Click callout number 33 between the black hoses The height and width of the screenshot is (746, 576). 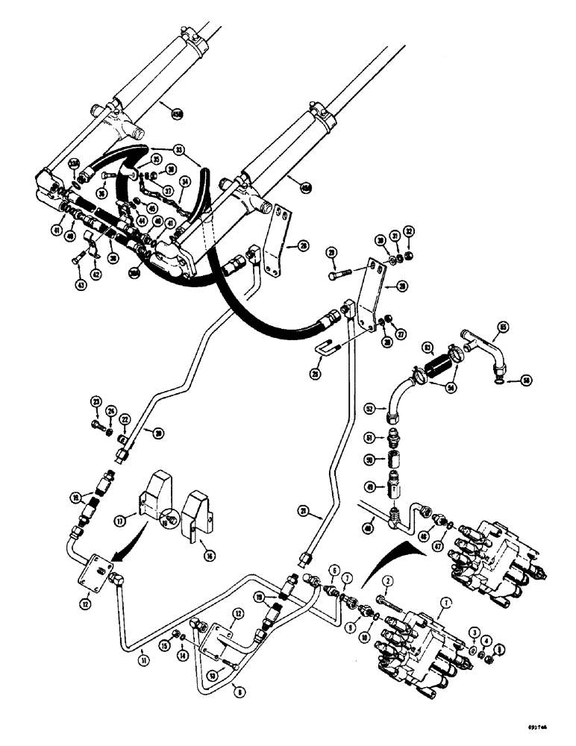[178, 148]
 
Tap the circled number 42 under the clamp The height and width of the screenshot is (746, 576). [96, 273]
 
